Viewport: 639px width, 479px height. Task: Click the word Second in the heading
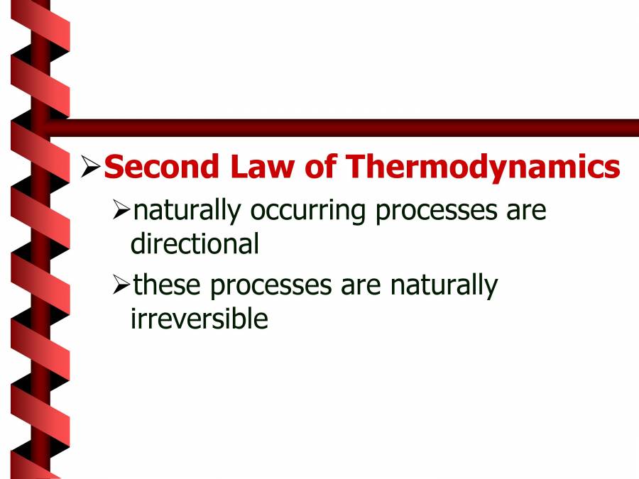point(160,167)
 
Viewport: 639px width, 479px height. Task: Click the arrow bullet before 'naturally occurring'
point(121,210)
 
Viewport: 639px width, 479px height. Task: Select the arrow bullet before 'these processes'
point(121,285)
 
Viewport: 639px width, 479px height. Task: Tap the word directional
point(195,244)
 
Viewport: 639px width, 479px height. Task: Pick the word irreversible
point(199,319)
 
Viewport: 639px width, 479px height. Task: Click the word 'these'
point(168,285)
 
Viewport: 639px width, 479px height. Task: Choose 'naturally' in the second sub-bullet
point(443,286)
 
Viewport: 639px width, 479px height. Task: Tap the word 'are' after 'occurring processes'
point(526,211)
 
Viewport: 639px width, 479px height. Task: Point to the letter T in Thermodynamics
point(357,167)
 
